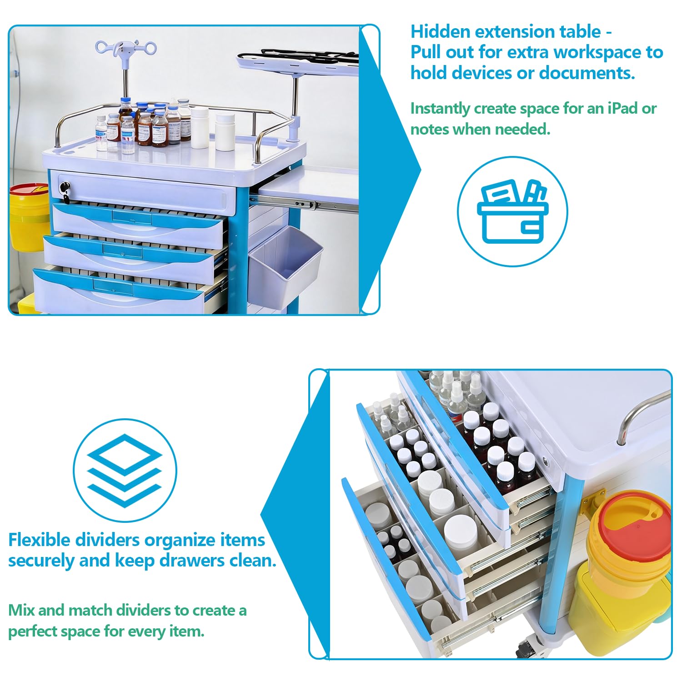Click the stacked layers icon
125,471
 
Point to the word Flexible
40,540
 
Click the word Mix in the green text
22,610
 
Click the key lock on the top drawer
65,188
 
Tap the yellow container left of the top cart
28,217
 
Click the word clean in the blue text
252,561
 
